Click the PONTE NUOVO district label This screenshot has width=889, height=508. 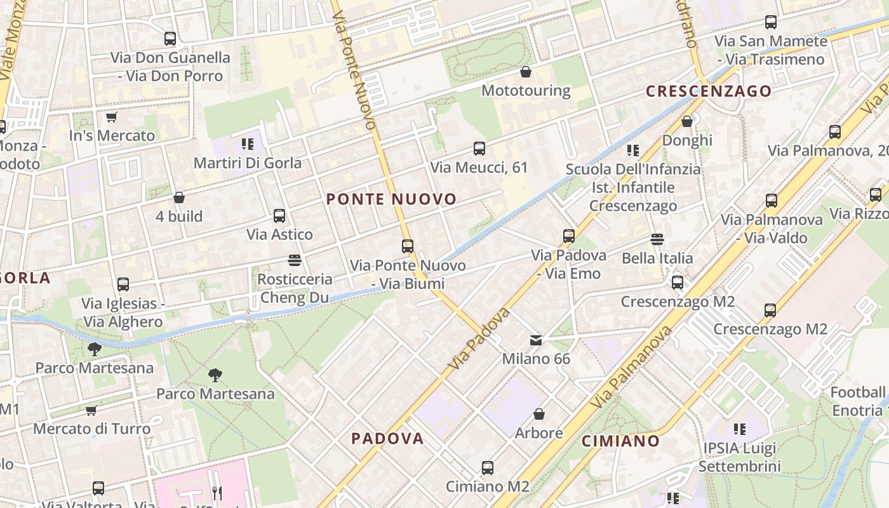pyautogui.click(x=391, y=199)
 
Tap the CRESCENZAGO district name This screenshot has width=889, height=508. pyautogui.click(x=709, y=91)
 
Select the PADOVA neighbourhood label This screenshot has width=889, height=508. pyautogui.click(x=387, y=438)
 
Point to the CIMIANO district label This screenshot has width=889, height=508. pyautogui.click(x=621, y=441)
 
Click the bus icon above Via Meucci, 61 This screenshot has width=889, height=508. pyautogui.click(x=479, y=149)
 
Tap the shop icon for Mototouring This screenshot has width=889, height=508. pyautogui.click(x=526, y=72)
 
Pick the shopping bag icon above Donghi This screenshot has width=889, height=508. pyautogui.click(x=687, y=121)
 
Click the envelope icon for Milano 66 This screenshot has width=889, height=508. pyautogui.click(x=537, y=340)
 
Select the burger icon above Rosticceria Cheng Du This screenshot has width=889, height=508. pyautogui.click(x=295, y=260)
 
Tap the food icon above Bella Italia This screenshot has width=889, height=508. pyautogui.click(x=657, y=239)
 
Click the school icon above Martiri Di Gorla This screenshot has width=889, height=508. pyautogui.click(x=248, y=144)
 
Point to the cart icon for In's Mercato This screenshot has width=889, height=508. pyautogui.click(x=112, y=117)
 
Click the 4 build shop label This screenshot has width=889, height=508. pyautogui.click(x=179, y=217)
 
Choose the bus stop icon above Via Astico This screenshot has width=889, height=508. pyautogui.click(x=279, y=216)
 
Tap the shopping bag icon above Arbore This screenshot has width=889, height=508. pyautogui.click(x=539, y=415)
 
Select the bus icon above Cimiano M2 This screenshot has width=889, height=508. pyautogui.click(x=488, y=468)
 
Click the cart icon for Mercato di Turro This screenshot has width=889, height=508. pyautogui.click(x=91, y=410)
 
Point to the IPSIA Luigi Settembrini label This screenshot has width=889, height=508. pyautogui.click(x=739, y=457)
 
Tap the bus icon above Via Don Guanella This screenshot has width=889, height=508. pyautogui.click(x=170, y=39)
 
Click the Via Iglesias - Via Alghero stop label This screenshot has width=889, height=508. pyautogui.click(x=123, y=312)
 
